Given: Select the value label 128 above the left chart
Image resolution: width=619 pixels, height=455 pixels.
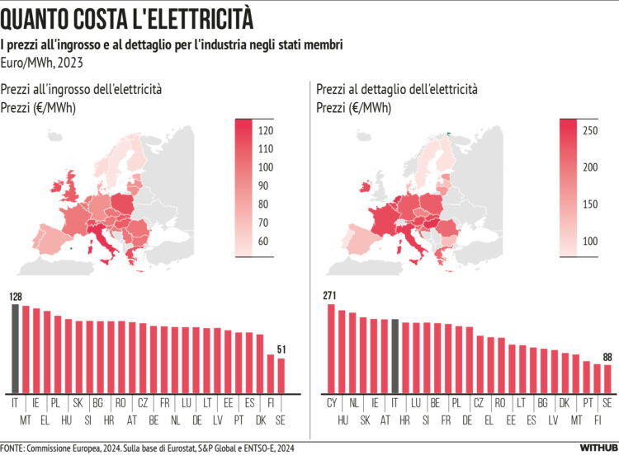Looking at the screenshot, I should [x=15, y=296].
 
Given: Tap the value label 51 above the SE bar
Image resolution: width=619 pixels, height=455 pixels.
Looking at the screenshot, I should [x=281, y=349].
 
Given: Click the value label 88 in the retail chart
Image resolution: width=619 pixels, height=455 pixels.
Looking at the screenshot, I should [x=608, y=357].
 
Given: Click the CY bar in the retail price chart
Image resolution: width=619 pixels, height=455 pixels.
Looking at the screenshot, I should [x=331, y=348].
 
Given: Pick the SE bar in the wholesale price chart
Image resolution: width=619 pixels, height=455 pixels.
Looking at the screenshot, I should [x=281, y=375].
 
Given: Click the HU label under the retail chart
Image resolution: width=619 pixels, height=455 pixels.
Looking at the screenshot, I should [x=342, y=420].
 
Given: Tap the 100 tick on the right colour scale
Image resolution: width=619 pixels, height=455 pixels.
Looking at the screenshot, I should [x=592, y=241].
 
